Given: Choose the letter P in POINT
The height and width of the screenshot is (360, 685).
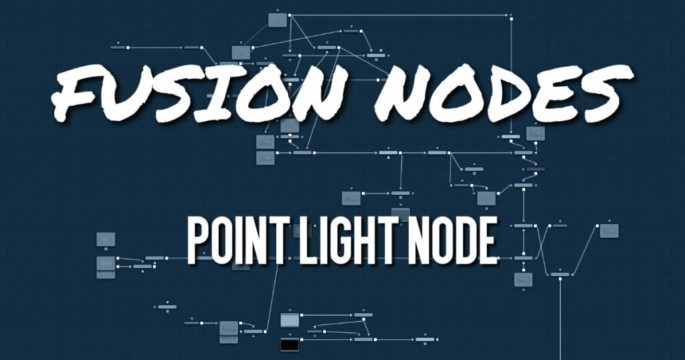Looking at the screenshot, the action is tap(199, 240).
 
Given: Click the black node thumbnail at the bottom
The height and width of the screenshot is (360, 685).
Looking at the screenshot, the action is tap(290, 345).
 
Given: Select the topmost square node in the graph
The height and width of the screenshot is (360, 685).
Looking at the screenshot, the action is tap(278, 20).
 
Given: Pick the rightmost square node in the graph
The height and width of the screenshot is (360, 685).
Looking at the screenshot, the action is tap(609, 231).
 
